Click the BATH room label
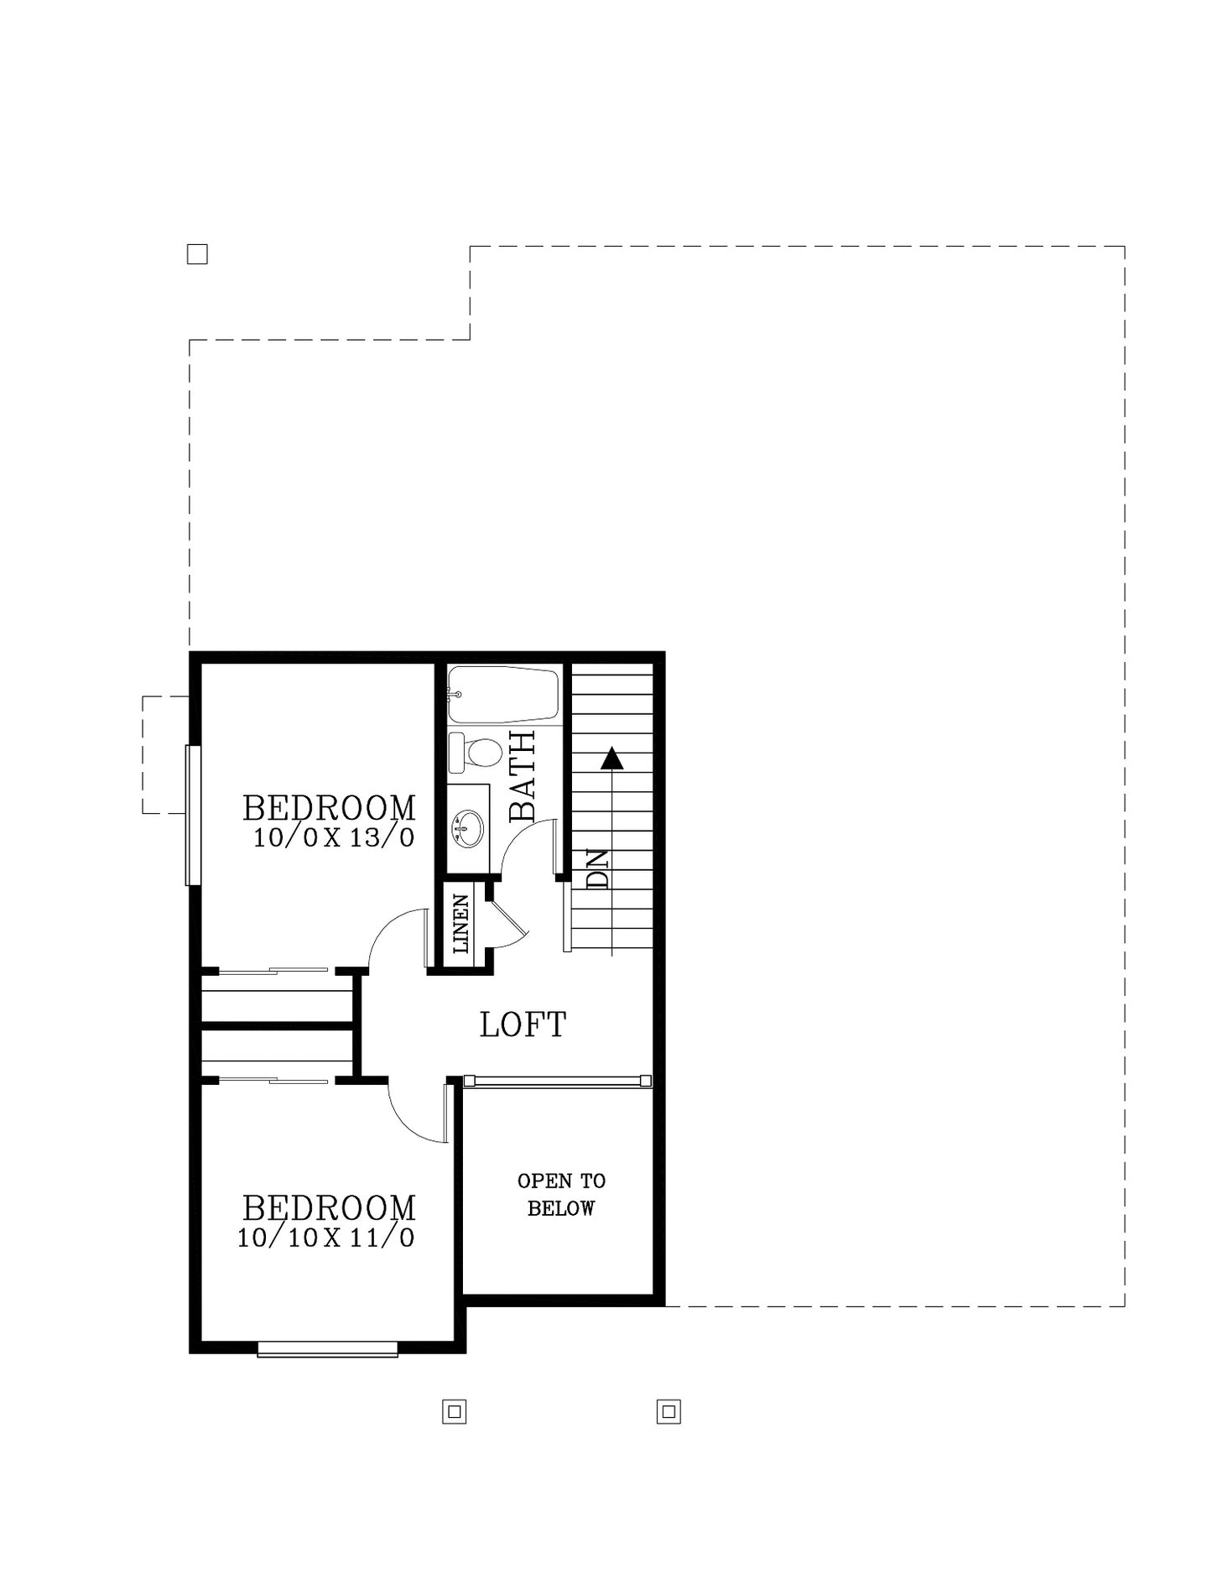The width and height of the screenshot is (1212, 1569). [522, 776]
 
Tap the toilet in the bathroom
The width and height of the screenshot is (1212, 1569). [475, 753]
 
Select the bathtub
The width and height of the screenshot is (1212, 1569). [503, 695]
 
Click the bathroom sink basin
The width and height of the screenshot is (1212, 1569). [468, 828]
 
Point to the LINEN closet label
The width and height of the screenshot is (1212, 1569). [460, 924]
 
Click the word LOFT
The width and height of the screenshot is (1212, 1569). [523, 1024]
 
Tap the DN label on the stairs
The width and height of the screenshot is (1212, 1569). [597, 869]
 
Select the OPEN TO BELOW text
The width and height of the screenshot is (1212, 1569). [561, 1195]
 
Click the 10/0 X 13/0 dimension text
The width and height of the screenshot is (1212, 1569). [334, 837]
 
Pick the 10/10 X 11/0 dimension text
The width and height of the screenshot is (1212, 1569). [325, 1238]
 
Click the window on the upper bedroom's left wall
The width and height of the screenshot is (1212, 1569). [193, 816]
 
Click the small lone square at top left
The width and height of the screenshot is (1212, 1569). [197, 254]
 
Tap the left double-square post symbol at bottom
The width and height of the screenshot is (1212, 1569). [455, 1412]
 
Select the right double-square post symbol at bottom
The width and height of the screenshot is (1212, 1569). [668, 1412]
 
